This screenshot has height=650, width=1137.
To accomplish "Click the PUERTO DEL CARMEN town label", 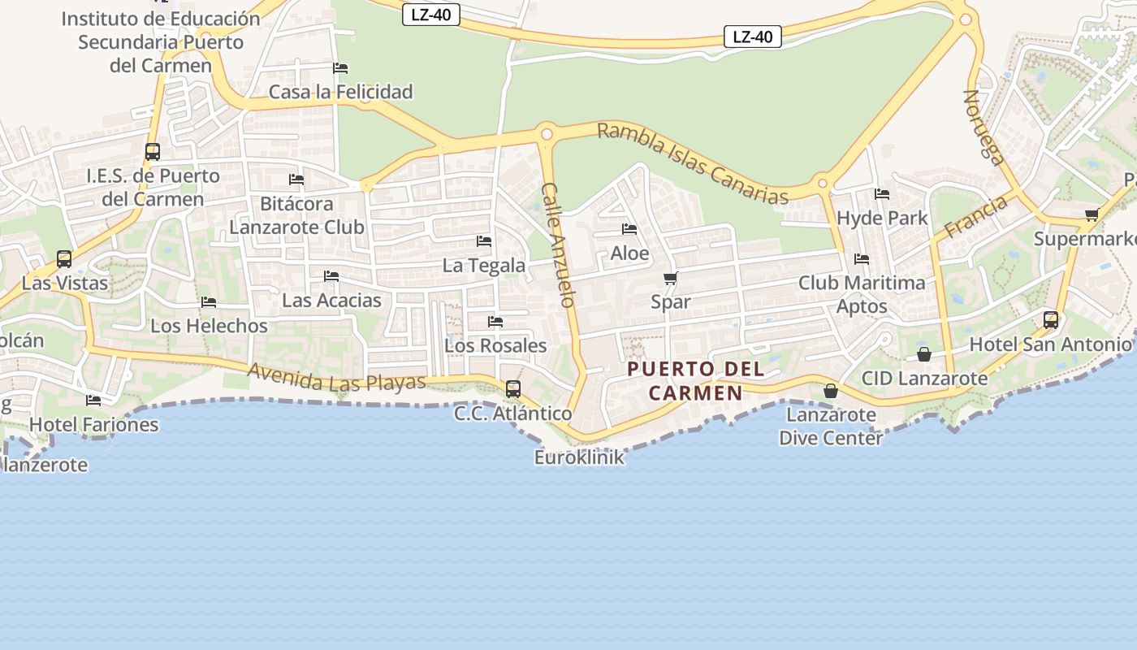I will pos(696,381).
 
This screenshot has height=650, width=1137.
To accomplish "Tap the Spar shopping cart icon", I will pos(671,279).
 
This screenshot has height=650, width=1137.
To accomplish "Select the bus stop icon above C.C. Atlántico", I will pos(513,388).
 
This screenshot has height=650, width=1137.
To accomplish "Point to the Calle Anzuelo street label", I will pos(559,245).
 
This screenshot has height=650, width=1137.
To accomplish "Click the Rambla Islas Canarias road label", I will pos(693,163).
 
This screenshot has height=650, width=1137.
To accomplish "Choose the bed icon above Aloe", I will pos(629,229).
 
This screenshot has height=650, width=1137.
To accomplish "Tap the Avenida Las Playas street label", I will pos(337,377).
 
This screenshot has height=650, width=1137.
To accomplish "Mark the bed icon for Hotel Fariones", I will pos(93,400).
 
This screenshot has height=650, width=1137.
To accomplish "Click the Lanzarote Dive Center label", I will pos(831,427).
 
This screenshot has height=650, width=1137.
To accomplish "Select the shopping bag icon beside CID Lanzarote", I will pos(924,354).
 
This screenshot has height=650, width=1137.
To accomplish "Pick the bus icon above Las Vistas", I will pos(64,259).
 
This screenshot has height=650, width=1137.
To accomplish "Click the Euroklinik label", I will pos(579,457).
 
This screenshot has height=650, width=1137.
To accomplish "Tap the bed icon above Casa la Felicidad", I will pos(341,67).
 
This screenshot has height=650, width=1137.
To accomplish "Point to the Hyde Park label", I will pos(882,218).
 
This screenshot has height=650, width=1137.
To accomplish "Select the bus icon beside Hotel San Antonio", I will pos(1051,319).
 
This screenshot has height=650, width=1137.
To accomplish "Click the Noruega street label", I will pos(984,127).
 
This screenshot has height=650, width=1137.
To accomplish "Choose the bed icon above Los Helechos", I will pos(209,302).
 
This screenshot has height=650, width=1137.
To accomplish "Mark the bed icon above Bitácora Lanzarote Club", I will pos(296,179).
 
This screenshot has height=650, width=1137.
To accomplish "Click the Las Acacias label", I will pos(331,301).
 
